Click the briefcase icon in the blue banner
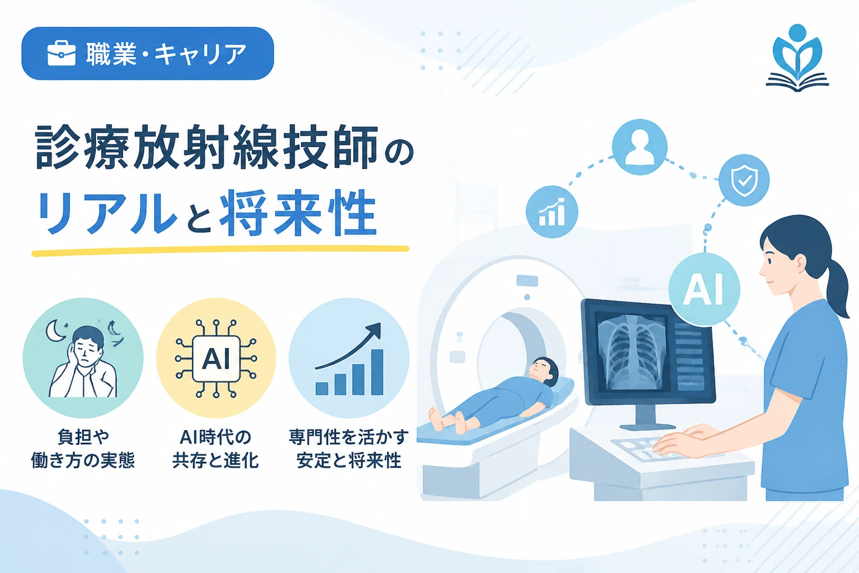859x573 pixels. pyautogui.click(x=62, y=53)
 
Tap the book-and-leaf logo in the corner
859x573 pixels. pyautogui.click(x=797, y=58)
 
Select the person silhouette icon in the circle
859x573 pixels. pyautogui.click(x=640, y=147)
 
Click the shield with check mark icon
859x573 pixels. pyautogui.click(x=744, y=180)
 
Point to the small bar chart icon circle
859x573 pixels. pyautogui.click(x=552, y=212)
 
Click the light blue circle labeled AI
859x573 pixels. pyautogui.click(x=704, y=289)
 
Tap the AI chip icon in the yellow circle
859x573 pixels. pyautogui.click(x=216, y=359)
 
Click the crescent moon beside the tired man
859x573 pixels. pyautogui.click(x=55, y=331)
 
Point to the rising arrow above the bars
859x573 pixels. pyautogui.click(x=350, y=345)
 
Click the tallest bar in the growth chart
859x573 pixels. pyautogui.click(x=377, y=372)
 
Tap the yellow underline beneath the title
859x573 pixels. pyautogui.click(x=220, y=251)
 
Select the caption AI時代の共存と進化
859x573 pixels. pyautogui.click(x=216, y=449)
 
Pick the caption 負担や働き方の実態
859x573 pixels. pyautogui.click(x=83, y=449)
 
